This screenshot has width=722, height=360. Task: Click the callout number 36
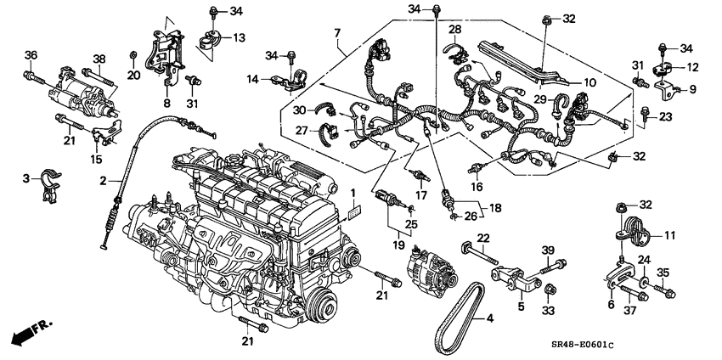point(31,56)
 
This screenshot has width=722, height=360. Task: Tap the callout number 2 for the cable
point(104,180)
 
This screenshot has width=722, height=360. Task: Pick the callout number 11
point(668,233)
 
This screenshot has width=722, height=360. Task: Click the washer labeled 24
point(646,281)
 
